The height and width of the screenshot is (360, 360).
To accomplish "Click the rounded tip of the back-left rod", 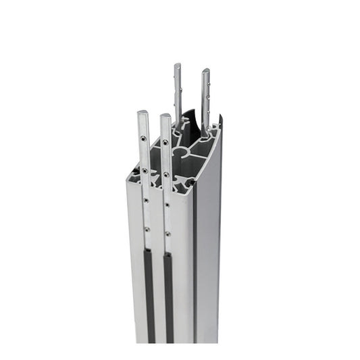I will [x=178, y=67].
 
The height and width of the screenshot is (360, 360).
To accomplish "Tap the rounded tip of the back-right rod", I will [x=205, y=72].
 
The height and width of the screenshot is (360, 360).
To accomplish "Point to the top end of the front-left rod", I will [x=143, y=113].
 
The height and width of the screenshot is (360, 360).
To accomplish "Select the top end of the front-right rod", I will [x=165, y=116].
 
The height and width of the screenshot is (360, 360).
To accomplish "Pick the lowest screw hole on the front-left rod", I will [x=147, y=229].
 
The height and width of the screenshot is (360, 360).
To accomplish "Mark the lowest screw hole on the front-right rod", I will [x=167, y=234].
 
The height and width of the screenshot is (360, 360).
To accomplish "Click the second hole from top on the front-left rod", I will [x=144, y=172].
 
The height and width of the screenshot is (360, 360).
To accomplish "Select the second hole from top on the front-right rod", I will [x=165, y=174].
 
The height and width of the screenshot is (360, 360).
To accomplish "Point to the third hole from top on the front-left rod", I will [x=145, y=201].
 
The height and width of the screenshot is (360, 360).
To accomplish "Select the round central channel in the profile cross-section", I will [x=180, y=153].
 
